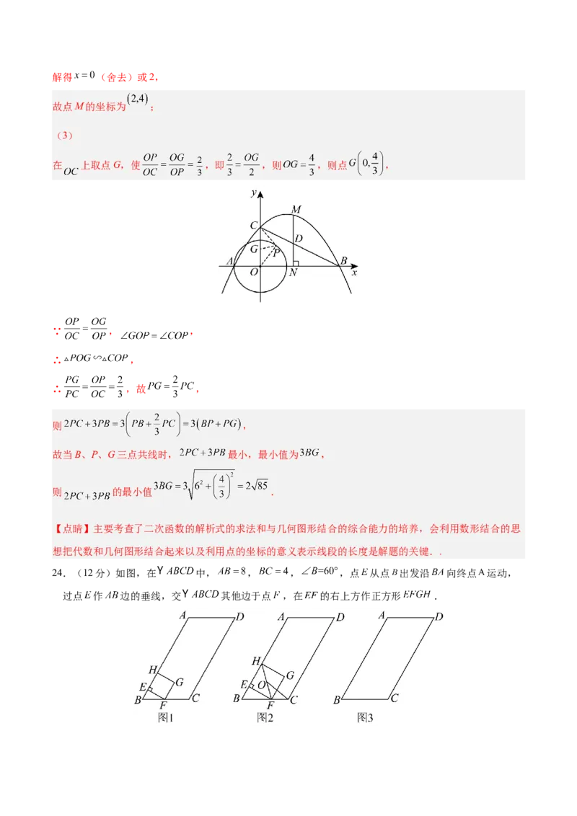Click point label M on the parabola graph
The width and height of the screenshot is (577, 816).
click(295, 210)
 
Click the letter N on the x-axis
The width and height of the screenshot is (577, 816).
click(293, 273)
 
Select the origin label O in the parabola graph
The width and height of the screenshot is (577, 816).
click(254, 272)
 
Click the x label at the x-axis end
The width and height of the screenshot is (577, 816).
click(354, 273)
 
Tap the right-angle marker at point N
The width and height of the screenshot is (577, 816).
click(296, 263)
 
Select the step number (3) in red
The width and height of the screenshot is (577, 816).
click(63, 136)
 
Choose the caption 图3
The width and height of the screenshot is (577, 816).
click(366, 717)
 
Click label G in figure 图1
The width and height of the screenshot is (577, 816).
click(179, 681)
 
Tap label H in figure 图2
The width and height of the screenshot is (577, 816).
click(255, 661)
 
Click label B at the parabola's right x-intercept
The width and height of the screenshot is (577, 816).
click(343, 260)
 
